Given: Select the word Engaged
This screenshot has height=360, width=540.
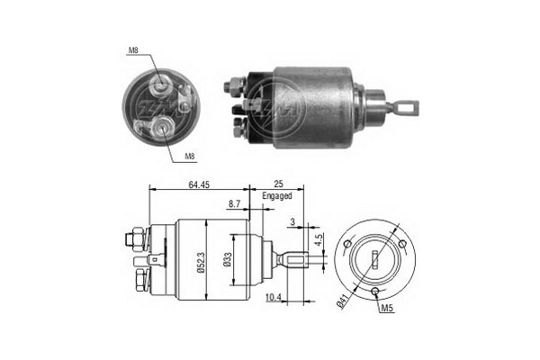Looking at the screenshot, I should pos(277,195).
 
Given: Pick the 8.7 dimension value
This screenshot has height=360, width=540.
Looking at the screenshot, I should pos(235,204).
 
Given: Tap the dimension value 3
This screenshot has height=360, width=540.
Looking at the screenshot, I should pos(292,220).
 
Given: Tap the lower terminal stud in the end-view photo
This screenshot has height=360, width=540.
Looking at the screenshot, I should pos(162,129).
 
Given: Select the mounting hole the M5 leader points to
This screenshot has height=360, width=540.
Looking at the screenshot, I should pos(373,292).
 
